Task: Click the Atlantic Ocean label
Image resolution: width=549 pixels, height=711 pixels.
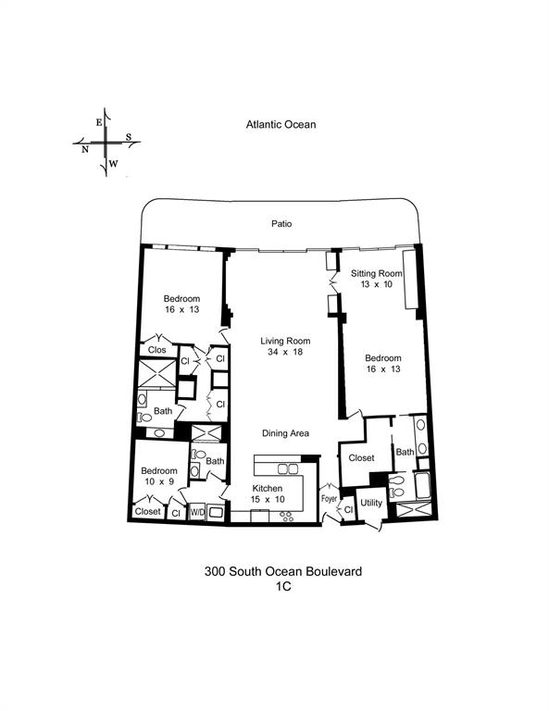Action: point(281,123)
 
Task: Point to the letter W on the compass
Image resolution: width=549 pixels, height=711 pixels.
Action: point(113,164)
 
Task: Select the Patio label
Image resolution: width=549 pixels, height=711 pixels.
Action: point(281,223)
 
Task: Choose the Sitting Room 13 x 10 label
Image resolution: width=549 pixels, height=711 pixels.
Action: point(377,279)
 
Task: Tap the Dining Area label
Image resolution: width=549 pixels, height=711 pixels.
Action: point(285,432)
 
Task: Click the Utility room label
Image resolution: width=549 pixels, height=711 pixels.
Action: point(371,503)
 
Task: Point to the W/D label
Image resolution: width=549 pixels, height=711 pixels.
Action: point(196,511)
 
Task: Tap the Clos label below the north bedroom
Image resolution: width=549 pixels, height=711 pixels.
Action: point(156,350)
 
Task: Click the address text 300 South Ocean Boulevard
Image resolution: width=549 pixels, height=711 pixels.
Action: point(282,572)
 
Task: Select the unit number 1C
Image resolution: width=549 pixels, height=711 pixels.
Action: point(282,588)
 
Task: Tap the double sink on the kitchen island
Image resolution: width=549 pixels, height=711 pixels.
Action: point(282,468)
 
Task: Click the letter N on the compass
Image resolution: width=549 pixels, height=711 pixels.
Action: point(84,149)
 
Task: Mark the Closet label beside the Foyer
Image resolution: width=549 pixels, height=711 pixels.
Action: point(361,458)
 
